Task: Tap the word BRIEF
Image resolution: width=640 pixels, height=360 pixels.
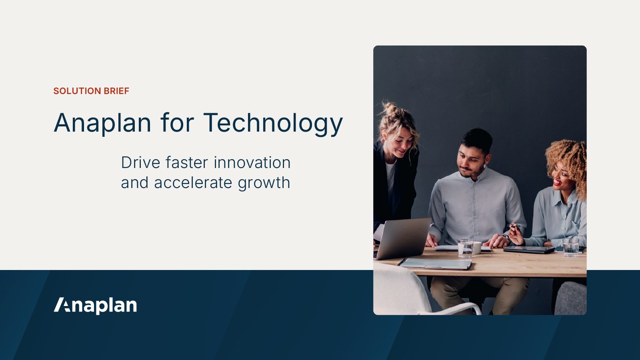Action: (x=116, y=91)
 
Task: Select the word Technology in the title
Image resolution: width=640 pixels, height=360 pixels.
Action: (x=273, y=123)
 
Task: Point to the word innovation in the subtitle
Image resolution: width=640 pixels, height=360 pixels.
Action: (x=252, y=163)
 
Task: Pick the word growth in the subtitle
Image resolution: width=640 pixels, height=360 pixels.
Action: (x=264, y=183)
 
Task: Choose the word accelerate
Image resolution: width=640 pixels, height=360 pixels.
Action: (x=193, y=183)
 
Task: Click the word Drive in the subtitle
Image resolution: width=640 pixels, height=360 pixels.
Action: (x=140, y=163)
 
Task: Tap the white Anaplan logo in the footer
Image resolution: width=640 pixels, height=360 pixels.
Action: (x=96, y=305)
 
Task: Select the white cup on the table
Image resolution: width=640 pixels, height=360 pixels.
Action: (x=477, y=248)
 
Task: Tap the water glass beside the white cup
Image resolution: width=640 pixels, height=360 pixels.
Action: (x=465, y=248)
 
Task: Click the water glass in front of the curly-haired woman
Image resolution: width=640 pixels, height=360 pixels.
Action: (x=571, y=247)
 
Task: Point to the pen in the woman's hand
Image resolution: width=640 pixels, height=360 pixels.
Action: (x=515, y=227)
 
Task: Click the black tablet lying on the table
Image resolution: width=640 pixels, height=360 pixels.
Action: (x=529, y=250)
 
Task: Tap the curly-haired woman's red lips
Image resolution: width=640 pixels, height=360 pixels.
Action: (x=557, y=182)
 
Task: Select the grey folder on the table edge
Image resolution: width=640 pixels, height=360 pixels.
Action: (x=436, y=264)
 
